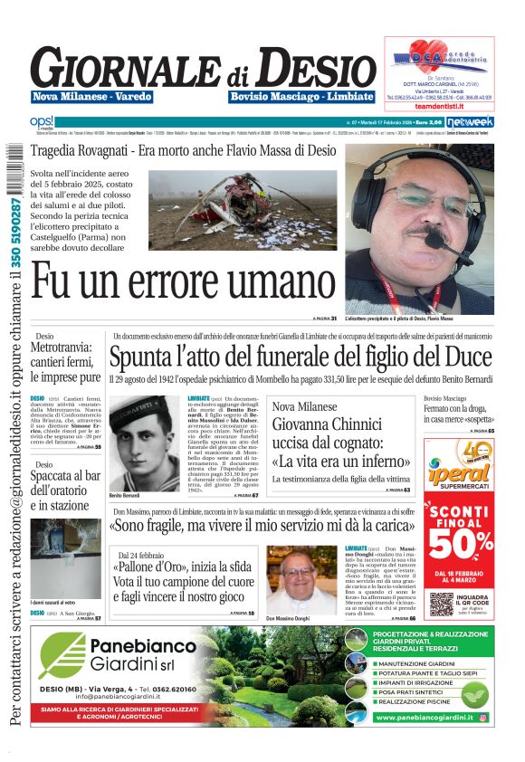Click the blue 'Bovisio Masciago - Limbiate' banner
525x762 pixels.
coord(301,97)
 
